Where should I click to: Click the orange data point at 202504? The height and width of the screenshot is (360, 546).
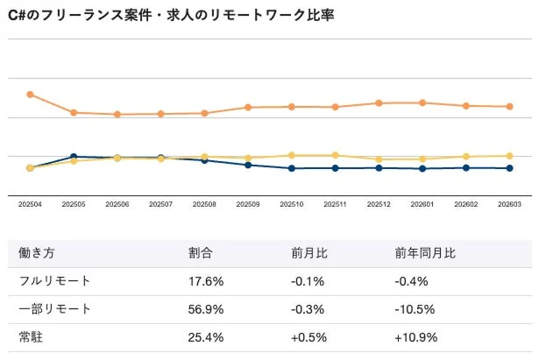[30, 94]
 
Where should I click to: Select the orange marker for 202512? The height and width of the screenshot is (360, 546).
[379, 102]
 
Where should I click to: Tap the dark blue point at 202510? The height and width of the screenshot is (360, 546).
[292, 168]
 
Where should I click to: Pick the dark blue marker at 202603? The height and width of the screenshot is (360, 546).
[509, 168]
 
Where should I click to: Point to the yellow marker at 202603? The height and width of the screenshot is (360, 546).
[509, 156]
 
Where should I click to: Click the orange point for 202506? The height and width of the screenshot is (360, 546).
[117, 114]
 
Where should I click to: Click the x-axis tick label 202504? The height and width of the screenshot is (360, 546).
[30, 203]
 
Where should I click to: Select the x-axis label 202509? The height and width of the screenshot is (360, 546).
[248, 203]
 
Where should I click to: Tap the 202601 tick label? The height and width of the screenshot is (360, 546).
[422, 203]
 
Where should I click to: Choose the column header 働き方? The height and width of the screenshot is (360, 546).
[37, 253]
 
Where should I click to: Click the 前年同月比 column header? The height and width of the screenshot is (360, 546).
[425, 253]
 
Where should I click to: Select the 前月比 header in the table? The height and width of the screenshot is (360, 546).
[309, 253]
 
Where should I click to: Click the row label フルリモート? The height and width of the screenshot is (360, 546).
[54, 281]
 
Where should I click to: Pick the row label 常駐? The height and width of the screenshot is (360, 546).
[31, 336]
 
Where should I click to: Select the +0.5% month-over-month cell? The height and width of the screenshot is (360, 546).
[309, 336]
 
